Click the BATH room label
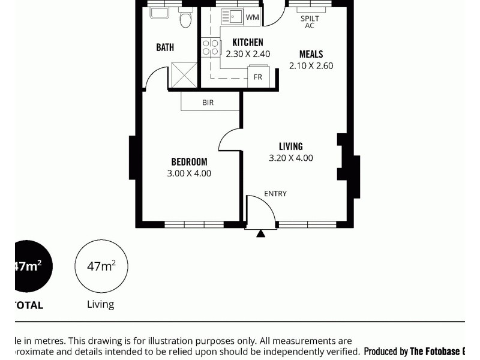165,47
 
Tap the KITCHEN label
248,43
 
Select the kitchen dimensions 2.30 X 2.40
248,54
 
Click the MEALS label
311,55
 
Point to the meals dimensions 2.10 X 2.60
311,66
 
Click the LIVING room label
290,146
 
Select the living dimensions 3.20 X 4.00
290,158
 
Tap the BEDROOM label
189,162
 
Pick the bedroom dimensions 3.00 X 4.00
189,173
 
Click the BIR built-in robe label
208,103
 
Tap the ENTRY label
275,194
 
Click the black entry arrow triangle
260,233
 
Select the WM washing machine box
252,17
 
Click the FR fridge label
258,77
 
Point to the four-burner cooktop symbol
210,47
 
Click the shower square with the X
184,74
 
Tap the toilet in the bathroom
185,19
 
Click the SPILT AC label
310,22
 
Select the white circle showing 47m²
101,266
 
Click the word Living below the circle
100,304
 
